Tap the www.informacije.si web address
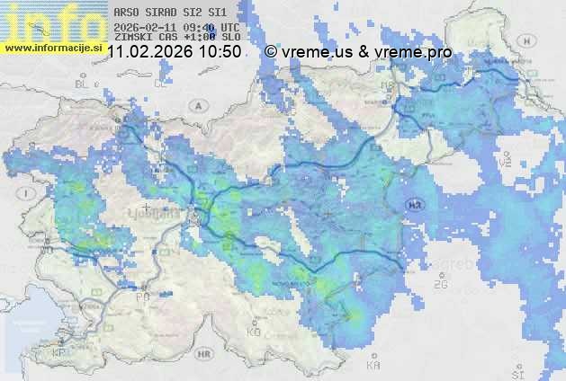(53, 46)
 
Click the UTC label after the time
(230, 27)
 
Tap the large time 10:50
(220, 52)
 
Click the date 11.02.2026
(151, 52)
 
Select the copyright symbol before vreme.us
(271, 52)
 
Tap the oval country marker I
(28, 193)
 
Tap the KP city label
(59, 353)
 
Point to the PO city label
(141, 296)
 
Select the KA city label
(373, 365)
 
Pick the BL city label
(84, 84)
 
